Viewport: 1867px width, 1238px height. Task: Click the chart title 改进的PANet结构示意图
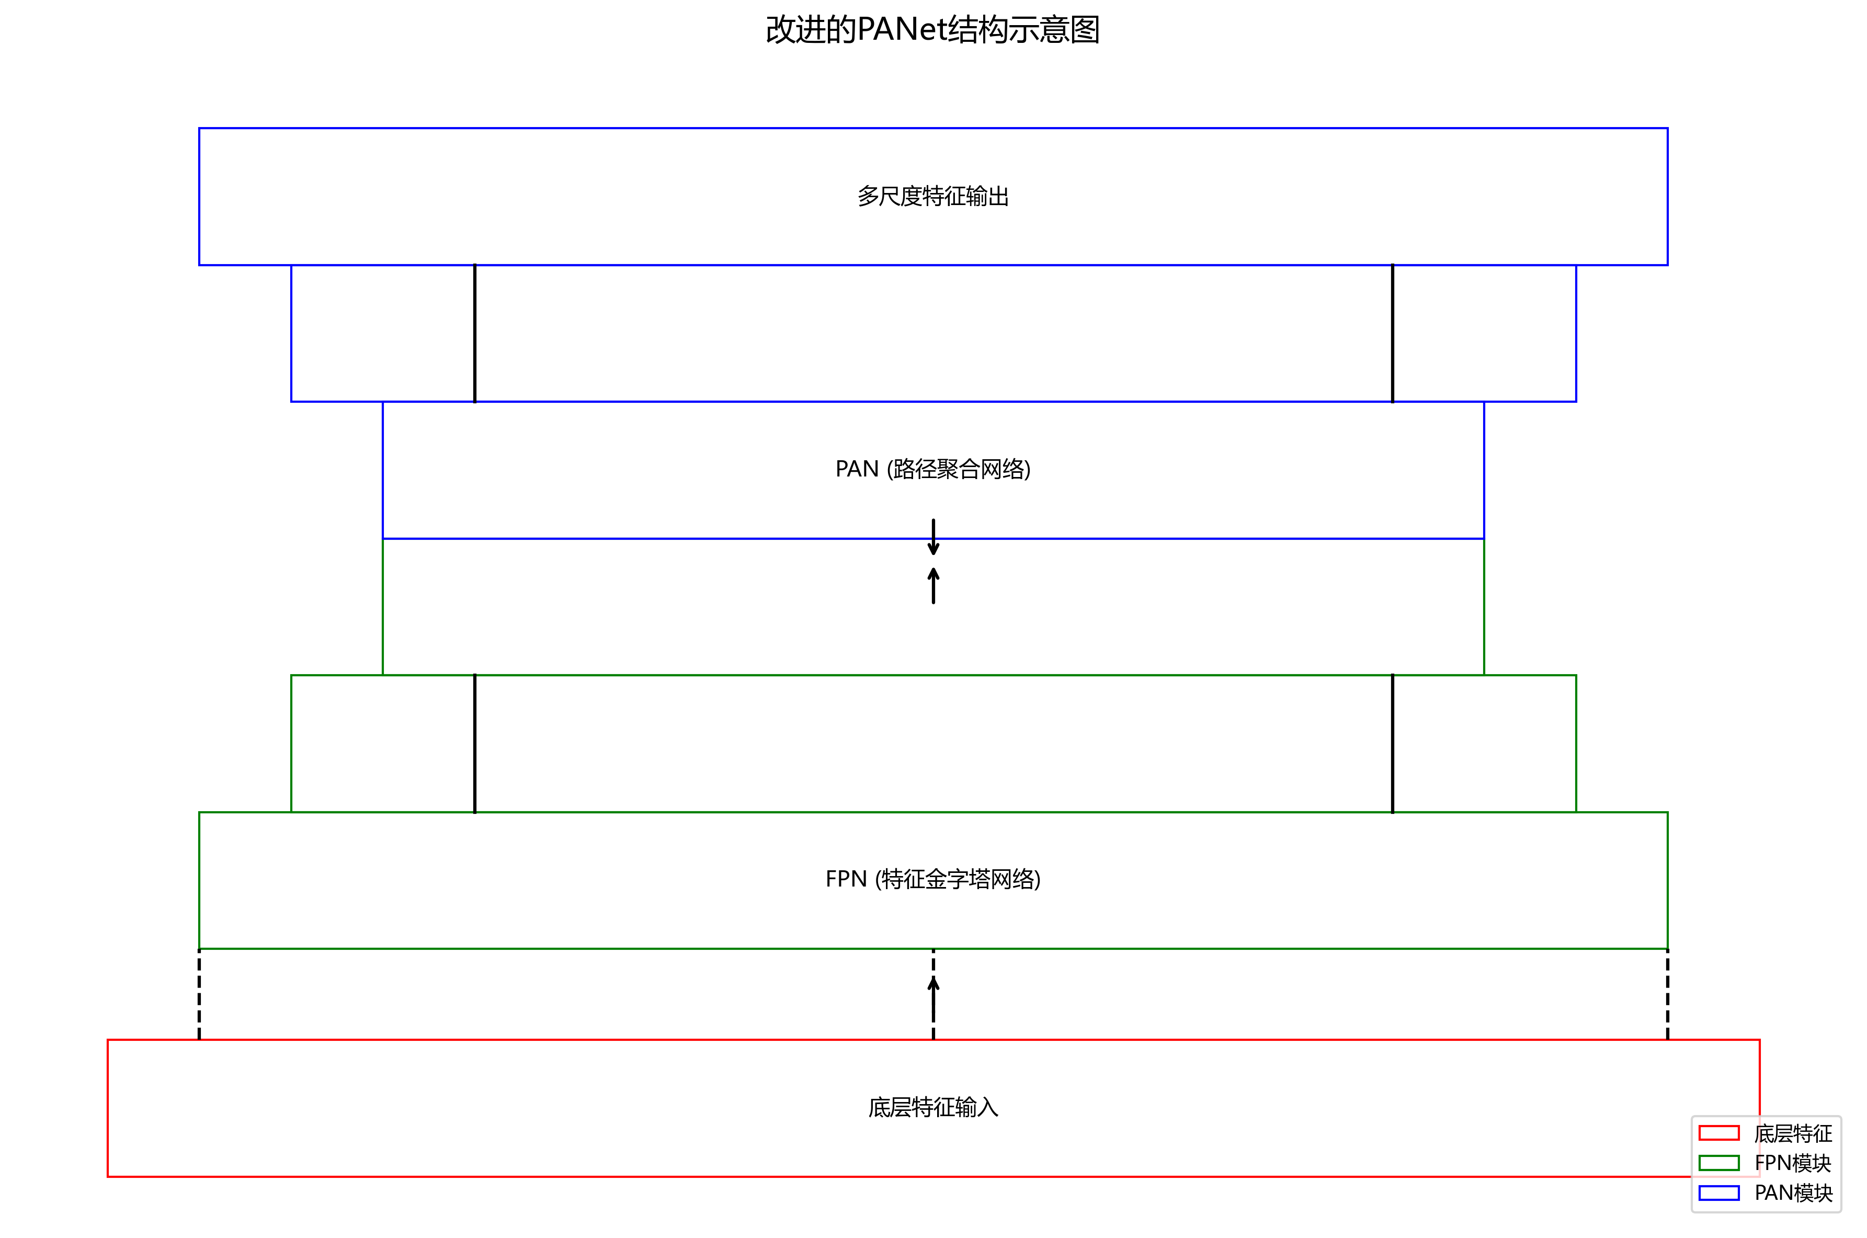click(932, 30)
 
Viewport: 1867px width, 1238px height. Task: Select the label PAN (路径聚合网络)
click(932, 469)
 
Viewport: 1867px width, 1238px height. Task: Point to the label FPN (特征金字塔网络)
click(932, 879)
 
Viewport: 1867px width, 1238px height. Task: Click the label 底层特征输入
click(932, 1107)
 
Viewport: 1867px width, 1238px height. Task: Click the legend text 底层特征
click(1793, 1134)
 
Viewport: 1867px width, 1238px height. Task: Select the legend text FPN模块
click(1793, 1163)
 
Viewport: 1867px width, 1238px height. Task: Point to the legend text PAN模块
click(1793, 1193)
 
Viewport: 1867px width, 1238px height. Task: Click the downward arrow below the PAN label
click(933, 537)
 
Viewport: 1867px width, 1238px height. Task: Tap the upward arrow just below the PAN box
click(933, 586)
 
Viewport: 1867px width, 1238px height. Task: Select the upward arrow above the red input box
click(933, 1007)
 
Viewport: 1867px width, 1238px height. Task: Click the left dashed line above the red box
click(199, 994)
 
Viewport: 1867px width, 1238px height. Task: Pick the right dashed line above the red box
click(1667, 994)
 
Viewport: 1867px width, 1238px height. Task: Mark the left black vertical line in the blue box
click(474, 333)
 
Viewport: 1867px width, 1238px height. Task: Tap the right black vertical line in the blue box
click(1393, 333)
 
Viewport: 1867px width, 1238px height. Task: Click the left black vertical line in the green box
click(474, 743)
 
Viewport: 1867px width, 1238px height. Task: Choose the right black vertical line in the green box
click(1393, 743)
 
